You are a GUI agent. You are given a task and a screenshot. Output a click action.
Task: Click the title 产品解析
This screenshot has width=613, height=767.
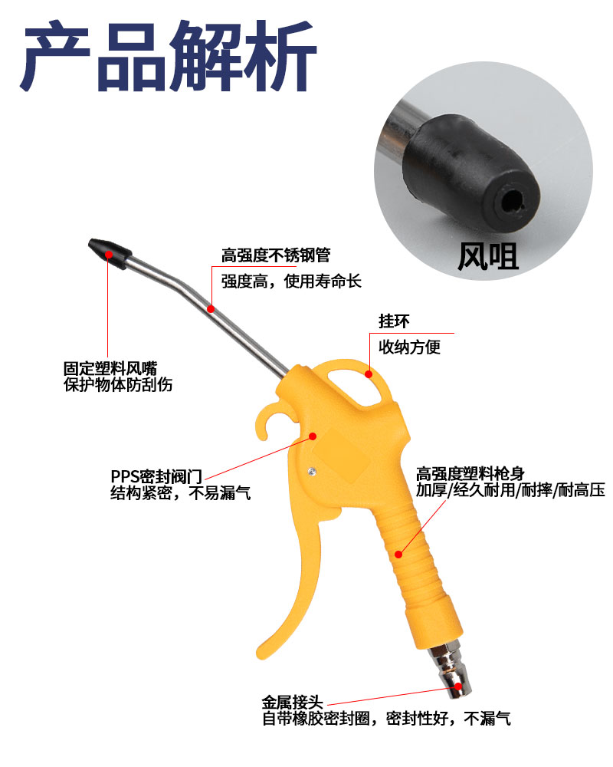[x=169, y=56]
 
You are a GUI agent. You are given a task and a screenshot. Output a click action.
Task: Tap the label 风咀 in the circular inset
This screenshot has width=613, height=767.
[x=487, y=256]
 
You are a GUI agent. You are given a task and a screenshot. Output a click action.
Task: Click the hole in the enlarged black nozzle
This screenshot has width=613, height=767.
[x=512, y=200]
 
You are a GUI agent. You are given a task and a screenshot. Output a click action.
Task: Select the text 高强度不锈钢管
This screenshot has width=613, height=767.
[x=276, y=255]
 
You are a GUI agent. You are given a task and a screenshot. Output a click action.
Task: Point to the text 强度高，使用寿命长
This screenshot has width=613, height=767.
[x=291, y=281]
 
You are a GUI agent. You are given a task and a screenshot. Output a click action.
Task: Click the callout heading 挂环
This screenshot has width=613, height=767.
[x=394, y=321]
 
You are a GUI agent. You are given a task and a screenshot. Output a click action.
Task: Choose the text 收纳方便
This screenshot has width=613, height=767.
[x=410, y=347]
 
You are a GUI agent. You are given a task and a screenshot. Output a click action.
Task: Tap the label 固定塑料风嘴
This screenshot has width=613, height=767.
[x=110, y=368]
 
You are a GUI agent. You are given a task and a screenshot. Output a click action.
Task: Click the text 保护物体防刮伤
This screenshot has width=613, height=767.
[x=118, y=384]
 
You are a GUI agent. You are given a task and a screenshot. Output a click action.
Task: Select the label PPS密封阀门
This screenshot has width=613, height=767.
[x=156, y=476]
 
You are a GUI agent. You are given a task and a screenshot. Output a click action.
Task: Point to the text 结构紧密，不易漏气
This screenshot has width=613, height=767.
[x=180, y=492]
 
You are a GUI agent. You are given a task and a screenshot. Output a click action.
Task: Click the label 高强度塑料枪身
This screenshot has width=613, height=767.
[x=470, y=473]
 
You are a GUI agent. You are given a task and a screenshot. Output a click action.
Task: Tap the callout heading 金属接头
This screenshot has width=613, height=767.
[x=292, y=703]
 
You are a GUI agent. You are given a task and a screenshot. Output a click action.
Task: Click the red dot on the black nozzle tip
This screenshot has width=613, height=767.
[x=109, y=255]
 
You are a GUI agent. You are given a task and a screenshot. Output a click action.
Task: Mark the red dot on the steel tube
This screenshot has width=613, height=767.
[x=211, y=308]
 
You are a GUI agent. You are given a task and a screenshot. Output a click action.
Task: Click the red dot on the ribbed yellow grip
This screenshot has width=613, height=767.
[x=398, y=555]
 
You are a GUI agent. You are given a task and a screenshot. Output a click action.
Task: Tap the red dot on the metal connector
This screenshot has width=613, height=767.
[x=457, y=686]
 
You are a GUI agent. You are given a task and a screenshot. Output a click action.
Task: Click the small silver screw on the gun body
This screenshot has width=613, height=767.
[x=311, y=472]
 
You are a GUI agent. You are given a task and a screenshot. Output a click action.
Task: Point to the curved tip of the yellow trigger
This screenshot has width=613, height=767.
[x=261, y=653]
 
